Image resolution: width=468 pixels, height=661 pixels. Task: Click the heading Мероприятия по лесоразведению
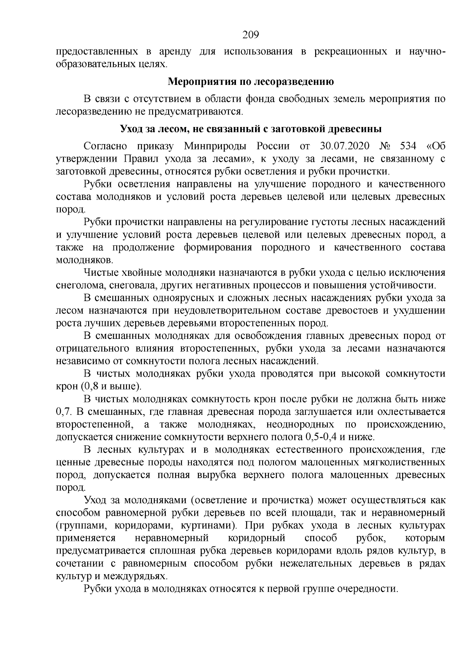click(x=250, y=82)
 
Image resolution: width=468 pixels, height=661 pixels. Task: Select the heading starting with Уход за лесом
click(x=250, y=129)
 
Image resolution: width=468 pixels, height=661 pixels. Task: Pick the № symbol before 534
click(x=385, y=146)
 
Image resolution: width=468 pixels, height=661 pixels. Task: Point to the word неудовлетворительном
click(x=220, y=311)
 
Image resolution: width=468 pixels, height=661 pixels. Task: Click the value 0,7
click(x=63, y=412)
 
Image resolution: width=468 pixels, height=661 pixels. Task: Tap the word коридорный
click(x=256, y=538)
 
